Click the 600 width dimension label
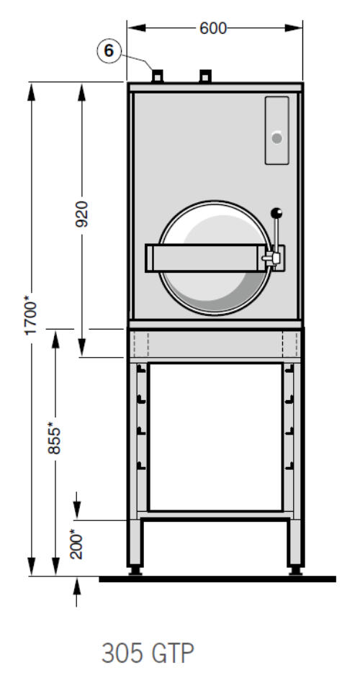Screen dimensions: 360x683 [213, 28]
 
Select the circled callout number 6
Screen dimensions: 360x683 [109, 51]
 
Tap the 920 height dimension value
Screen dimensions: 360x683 [81, 214]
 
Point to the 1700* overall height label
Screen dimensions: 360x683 [32, 315]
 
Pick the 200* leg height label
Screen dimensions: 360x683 [77, 543]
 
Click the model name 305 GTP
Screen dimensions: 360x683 [148, 653]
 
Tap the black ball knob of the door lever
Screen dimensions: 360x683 [276, 214]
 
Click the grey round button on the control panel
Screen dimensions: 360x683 [276, 138]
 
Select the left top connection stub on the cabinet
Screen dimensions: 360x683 [158, 76]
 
